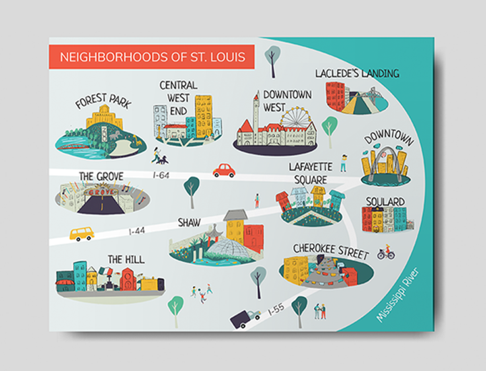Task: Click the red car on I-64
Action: tap(224, 170)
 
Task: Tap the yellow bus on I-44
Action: tap(82, 233)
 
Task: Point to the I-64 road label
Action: tap(161, 175)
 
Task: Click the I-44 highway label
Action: tap(137, 231)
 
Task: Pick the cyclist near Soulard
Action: tap(386, 252)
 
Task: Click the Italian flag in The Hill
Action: tap(106, 271)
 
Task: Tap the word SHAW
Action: tap(189, 222)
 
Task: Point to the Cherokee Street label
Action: tap(331, 251)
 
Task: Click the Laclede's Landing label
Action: tap(357, 73)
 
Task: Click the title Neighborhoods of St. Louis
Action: tap(151, 57)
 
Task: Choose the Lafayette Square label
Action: tap(310, 173)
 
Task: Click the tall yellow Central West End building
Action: tap(204, 116)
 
